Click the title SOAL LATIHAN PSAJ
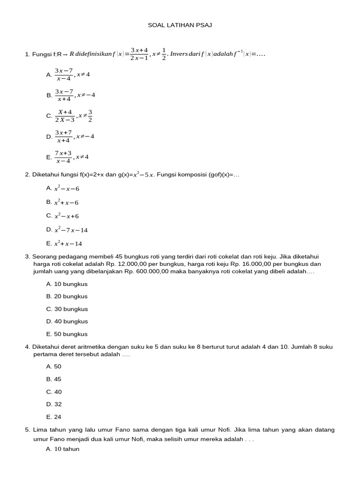pyautogui.click(x=180, y=25)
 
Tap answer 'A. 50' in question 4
pyautogui.click(x=54, y=367)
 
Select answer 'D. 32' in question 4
pyautogui.click(x=54, y=404)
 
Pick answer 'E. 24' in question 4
pyautogui.click(x=54, y=417)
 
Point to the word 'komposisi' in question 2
pyautogui.click(x=195, y=175)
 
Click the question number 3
pyautogui.click(x=27, y=256)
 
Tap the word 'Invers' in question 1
pyautogui.click(x=179, y=54)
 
